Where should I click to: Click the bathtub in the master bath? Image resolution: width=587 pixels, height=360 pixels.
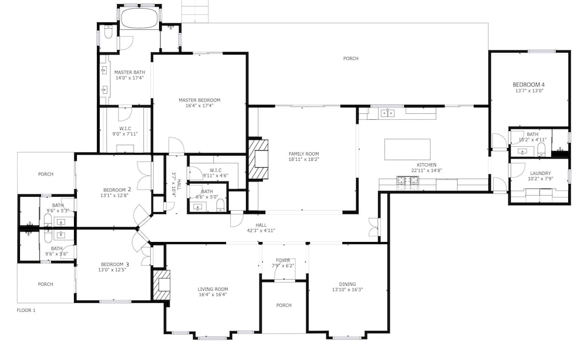139,18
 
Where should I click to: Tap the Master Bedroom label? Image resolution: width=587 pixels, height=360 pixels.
199,100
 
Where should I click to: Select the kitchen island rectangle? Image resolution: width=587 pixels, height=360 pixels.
407,150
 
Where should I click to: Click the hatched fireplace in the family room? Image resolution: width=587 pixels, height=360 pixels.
258,159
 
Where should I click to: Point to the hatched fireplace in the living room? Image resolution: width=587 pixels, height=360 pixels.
161,285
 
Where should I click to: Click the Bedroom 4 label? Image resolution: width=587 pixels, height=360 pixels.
528,85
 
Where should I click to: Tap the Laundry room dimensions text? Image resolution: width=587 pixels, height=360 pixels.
541,179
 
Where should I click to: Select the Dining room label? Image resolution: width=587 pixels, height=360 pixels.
348,284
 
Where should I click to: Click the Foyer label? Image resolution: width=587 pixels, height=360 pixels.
283,260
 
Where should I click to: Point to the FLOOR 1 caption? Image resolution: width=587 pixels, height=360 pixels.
26,310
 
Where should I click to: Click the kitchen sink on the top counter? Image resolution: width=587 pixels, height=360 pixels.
387,113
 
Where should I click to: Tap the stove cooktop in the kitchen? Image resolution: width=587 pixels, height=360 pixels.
408,180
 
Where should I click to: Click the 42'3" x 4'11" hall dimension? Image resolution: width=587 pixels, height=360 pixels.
261,230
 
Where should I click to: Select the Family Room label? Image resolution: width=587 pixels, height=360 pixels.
303,154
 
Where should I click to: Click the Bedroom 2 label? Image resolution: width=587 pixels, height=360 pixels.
117,190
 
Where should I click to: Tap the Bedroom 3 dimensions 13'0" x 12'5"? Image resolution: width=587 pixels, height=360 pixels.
112,270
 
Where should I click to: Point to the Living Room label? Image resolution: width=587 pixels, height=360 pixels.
212,289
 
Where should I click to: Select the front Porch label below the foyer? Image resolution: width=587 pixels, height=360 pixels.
284,305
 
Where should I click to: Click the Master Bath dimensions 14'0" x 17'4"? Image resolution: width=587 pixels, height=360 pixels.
130,78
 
